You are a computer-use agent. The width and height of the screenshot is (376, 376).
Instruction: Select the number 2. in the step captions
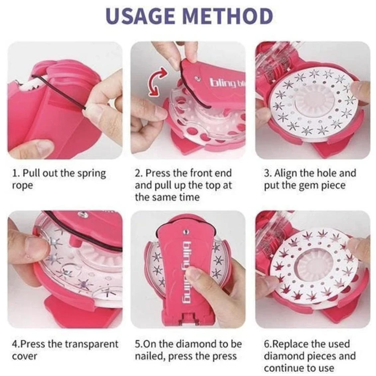click(139, 173)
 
